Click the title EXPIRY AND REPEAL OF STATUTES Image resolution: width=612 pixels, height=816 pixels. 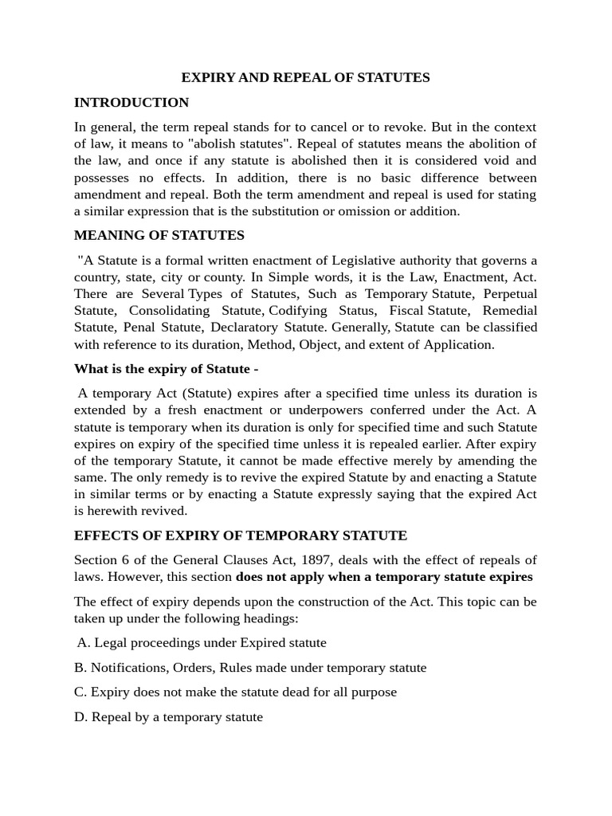pos(305,77)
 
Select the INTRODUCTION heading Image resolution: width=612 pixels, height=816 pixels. pos(131,102)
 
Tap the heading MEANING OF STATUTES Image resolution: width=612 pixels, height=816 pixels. pos(159,235)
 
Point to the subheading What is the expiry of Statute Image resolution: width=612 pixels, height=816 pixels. pos(166,368)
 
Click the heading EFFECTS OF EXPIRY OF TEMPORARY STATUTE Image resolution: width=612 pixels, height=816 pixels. pos(241,535)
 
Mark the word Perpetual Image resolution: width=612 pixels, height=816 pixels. pos(508,294)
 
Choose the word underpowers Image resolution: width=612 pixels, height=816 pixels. pos(305,410)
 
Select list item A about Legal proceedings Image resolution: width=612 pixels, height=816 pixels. pos(202,642)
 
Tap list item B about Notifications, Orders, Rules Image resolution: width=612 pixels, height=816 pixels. pos(250,667)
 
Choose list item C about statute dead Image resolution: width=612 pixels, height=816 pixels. pos(235,692)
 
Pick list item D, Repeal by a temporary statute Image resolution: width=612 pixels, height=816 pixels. pos(168,716)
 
